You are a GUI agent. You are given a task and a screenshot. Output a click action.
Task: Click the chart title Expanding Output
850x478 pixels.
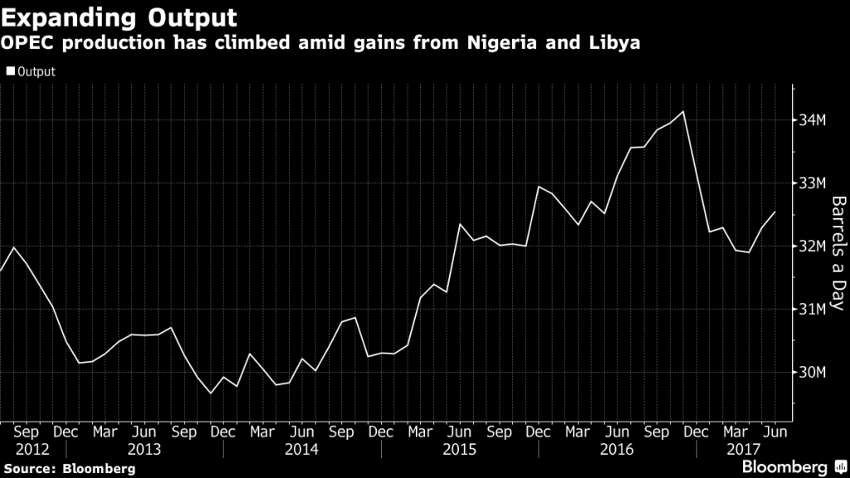point(118,16)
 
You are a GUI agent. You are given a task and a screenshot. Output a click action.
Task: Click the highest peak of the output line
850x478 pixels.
point(682,111)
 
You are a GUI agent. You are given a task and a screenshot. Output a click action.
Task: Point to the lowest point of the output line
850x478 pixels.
point(210,393)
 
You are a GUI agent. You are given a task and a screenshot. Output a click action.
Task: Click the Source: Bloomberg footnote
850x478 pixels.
point(68,469)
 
